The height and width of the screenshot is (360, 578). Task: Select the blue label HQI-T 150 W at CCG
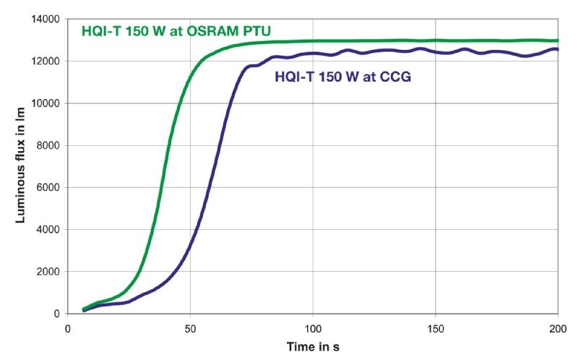[x=342, y=77]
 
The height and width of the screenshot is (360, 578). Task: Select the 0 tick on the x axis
[x=68, y=327]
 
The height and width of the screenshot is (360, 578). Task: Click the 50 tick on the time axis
[x=190, y=327]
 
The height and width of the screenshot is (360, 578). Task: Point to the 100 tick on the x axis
[x=313, y=327]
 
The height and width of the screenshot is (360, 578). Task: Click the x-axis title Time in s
[x=312, y=346]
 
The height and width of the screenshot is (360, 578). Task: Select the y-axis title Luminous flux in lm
[x=21, y=167]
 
